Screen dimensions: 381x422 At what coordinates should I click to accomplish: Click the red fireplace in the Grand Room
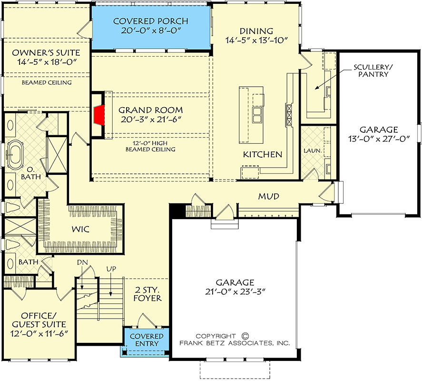click(99, 115)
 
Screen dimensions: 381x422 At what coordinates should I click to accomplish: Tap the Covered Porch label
click(150, 21)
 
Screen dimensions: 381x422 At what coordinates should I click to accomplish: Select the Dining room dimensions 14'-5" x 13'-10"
click(257, 40)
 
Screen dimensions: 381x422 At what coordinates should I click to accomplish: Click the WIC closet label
click(81, 229)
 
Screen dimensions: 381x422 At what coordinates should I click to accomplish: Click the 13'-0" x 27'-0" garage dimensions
click(378, 139)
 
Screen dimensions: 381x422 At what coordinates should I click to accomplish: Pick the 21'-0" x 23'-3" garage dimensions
click(234, 291)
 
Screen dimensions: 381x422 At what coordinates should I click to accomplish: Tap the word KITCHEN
click(263, 154)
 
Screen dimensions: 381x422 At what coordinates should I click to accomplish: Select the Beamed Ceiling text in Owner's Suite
click(47, 82)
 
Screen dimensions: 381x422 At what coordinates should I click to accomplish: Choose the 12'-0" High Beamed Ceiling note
click(150, 145)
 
